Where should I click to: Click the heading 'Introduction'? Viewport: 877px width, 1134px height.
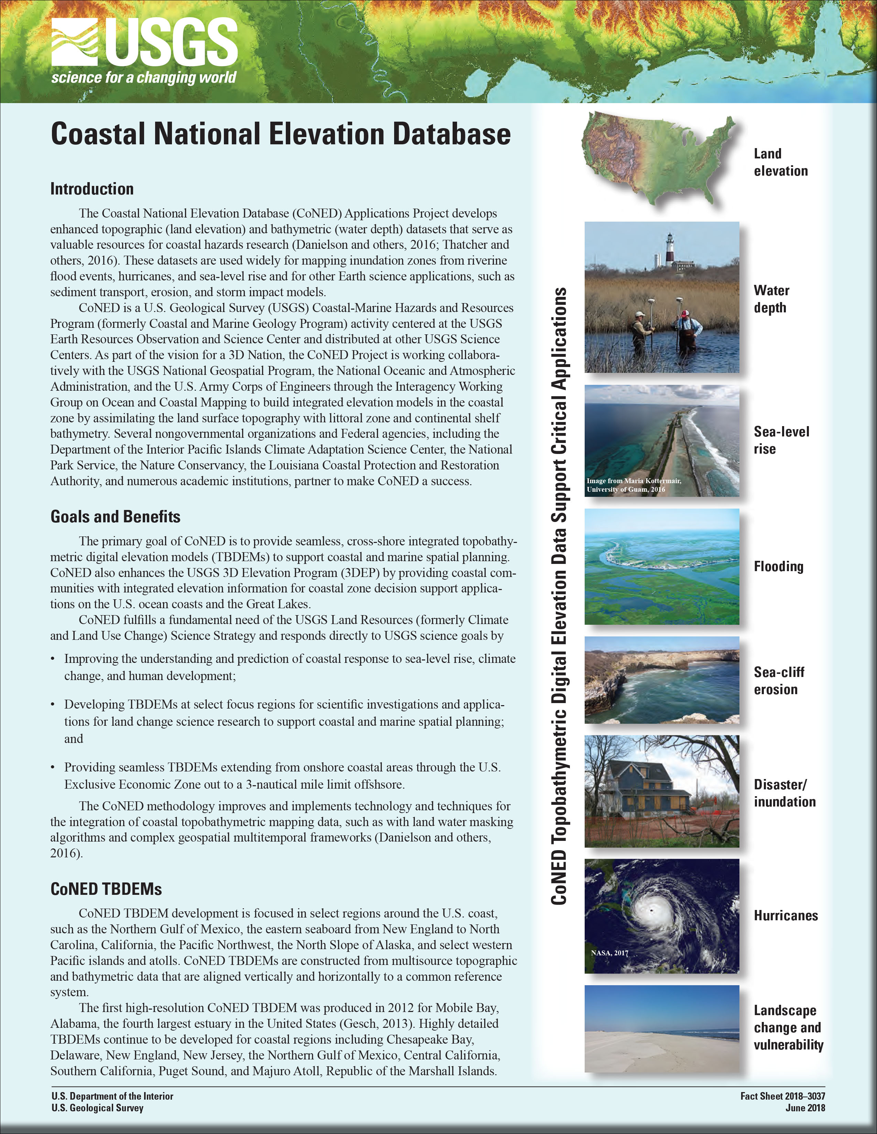92,189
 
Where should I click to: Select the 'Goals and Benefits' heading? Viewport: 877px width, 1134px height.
115,516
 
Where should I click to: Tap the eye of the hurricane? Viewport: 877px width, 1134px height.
651,924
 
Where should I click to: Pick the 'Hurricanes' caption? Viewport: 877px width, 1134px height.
786,915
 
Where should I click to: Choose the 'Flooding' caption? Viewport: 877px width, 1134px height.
778,566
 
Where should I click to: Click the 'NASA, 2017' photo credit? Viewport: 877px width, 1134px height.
609,953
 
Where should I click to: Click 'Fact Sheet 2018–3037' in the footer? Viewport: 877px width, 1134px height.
782,1096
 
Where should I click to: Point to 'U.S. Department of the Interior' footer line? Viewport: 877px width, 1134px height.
112,1096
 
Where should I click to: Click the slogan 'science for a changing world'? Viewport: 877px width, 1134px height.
143,78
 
